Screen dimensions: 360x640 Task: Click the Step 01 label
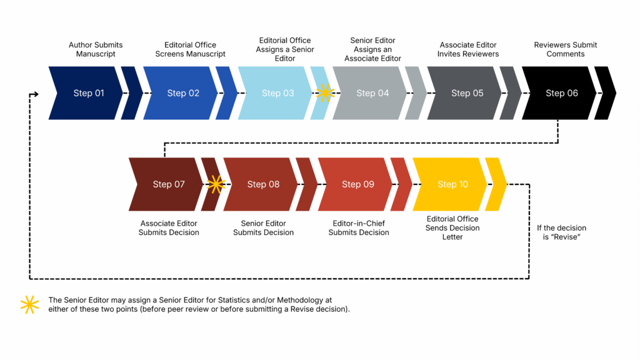pyautogui.click(x=88, y=93)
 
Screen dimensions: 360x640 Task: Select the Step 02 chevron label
pyautogui.click(x=183, y=93)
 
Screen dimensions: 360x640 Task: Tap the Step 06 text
pyautogui.click(x=562, y=93)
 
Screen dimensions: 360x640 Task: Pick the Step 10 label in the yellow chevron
pyautogui.click(x=452, y=184)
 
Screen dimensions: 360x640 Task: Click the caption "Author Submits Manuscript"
pyautogui.click(x=96, y=49)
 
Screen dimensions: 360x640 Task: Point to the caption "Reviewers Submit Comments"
pyautogui.click(x=565, y=49)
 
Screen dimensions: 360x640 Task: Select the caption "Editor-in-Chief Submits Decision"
pyautogui.click(x=359, y=228)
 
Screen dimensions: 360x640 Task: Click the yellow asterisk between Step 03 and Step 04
pyautogui.click(x=325, y=93)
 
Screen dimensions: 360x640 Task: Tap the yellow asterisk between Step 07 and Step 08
pyautogui.click(x=216, y=184)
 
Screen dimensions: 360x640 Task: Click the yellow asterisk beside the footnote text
pyautogui.click(x=29, y=304)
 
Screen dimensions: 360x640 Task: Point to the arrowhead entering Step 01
pyautogui.click(x=36, y=94)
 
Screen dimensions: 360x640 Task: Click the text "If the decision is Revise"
pyautogui.click(x=561, y=232)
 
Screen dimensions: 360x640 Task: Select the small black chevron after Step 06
pyautogui.click(x=605, y=93)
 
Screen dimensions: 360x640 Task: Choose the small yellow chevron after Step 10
pyautogui.click(x=496, y=184)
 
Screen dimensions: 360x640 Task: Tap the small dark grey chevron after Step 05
pyautogui.click(x=511, y=93)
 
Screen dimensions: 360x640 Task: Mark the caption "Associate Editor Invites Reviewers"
pyautogui.click(x=468, y=49)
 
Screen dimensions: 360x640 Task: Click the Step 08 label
pyautogui.click(x=263, y=184)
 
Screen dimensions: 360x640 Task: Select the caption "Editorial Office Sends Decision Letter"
pyautogui.click(x=452, y=228)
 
